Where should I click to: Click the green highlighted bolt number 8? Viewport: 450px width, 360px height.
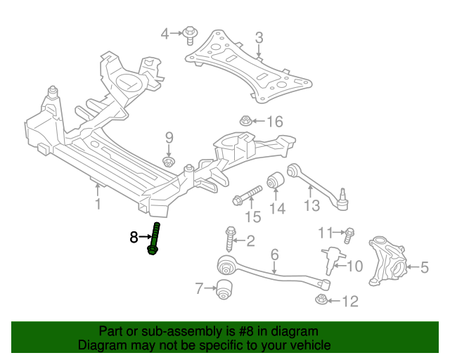[155, 239]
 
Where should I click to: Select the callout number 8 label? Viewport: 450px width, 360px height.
[134, 238]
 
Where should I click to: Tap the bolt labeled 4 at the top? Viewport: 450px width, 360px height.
[190, 34]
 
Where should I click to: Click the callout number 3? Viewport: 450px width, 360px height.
[259, 37]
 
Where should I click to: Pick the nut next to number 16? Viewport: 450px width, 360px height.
[246, 121]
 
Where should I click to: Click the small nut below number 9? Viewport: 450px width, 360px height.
[169, 162]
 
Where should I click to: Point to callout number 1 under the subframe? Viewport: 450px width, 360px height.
[98, 205]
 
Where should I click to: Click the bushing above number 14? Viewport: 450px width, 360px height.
[276, 180]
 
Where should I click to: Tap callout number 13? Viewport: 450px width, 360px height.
[311, 205]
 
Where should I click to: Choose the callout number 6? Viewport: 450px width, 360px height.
[274, 255]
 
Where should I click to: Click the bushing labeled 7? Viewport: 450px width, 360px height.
[224, 288]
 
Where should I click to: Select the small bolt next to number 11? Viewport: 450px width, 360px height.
[349, 232]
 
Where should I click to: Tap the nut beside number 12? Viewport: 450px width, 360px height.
[321, 300]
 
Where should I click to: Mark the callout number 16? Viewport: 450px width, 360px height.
[274, 122]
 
